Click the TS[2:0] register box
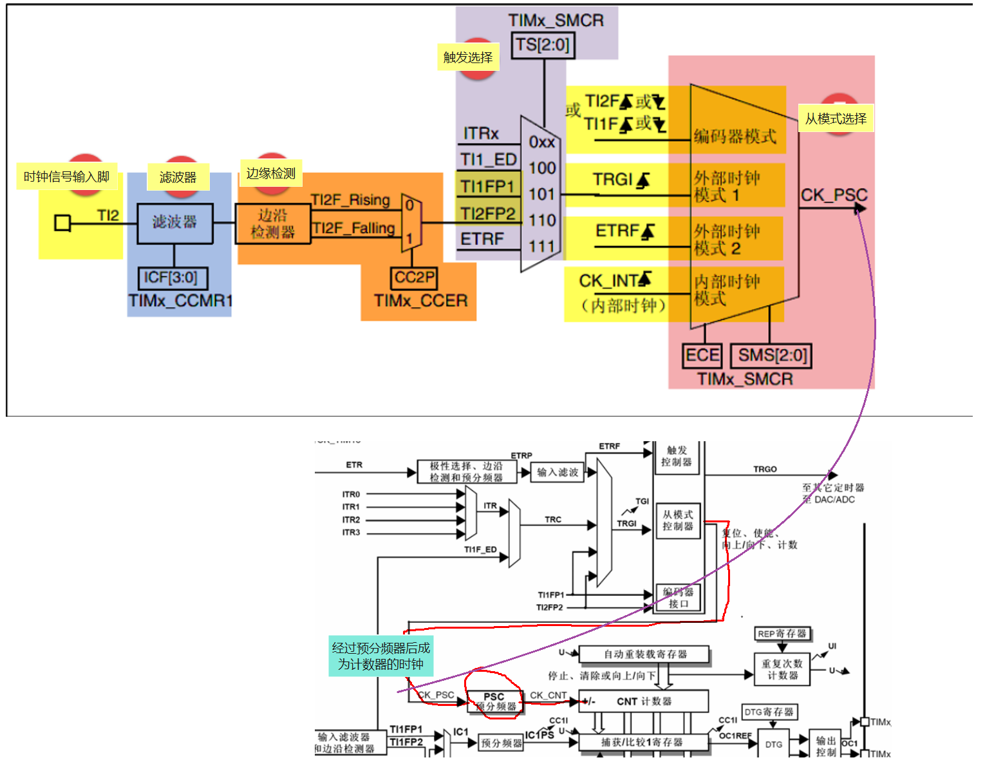[x=543, y=45]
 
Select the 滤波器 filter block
[x=174, y=223]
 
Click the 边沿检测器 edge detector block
[x=272, y=224]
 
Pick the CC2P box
[x=415, y=278]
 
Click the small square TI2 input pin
[x=62, y=223]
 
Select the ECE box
[x=702, y=356]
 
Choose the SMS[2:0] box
[x=771, y=356]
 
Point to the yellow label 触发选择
[x=468, y=57]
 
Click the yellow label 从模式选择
[x=836, y=119]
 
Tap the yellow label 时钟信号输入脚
[x=66, y=176]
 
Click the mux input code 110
[x=542, y=220]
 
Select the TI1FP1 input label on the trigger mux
[x=487, y=187]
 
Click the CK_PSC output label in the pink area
[x=834, y=195]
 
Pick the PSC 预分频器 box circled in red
[x=494, y=701]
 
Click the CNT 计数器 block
[x=644, y=701]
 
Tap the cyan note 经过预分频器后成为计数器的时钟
[x=380, y=656]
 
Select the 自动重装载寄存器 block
[x=644, y=654]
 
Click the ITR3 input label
[x=351, y=533]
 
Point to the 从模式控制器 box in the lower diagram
[x=678, y=520]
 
